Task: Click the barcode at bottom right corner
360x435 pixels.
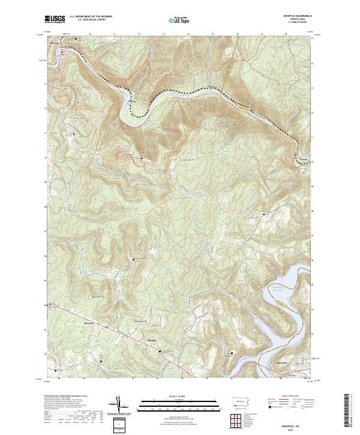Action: coord(347,413)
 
